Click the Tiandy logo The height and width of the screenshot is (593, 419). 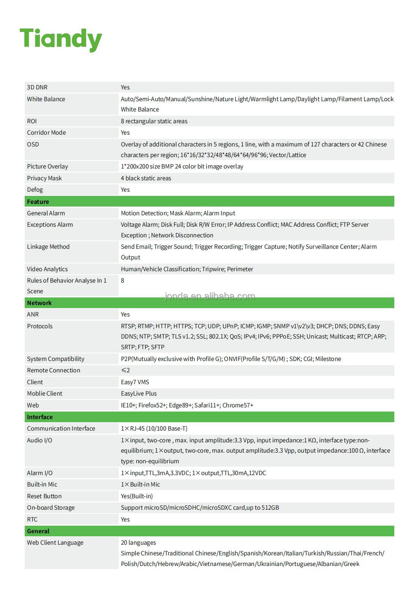point(61,39)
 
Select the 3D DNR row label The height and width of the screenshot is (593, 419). point(37,87)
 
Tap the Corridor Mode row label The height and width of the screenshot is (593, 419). point(46,132)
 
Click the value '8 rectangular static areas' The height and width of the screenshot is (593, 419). point(154,121)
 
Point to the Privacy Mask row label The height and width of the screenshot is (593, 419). point(44,178)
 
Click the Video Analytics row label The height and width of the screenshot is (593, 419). point(47,269)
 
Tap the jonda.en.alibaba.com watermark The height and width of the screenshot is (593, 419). point(209,296)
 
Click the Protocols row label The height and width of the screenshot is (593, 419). point(40,326)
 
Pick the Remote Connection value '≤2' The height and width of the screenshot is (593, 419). point(125,370)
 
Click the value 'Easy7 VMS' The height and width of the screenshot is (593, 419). point(135,382)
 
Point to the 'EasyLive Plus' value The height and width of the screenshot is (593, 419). point(139,393)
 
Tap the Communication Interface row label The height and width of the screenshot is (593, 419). point(61,428)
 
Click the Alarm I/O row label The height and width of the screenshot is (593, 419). point(40,473)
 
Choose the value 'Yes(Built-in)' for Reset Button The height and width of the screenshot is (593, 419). point(137,496)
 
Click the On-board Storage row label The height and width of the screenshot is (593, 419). point(51,507)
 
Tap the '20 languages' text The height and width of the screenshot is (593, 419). point(138,542)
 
